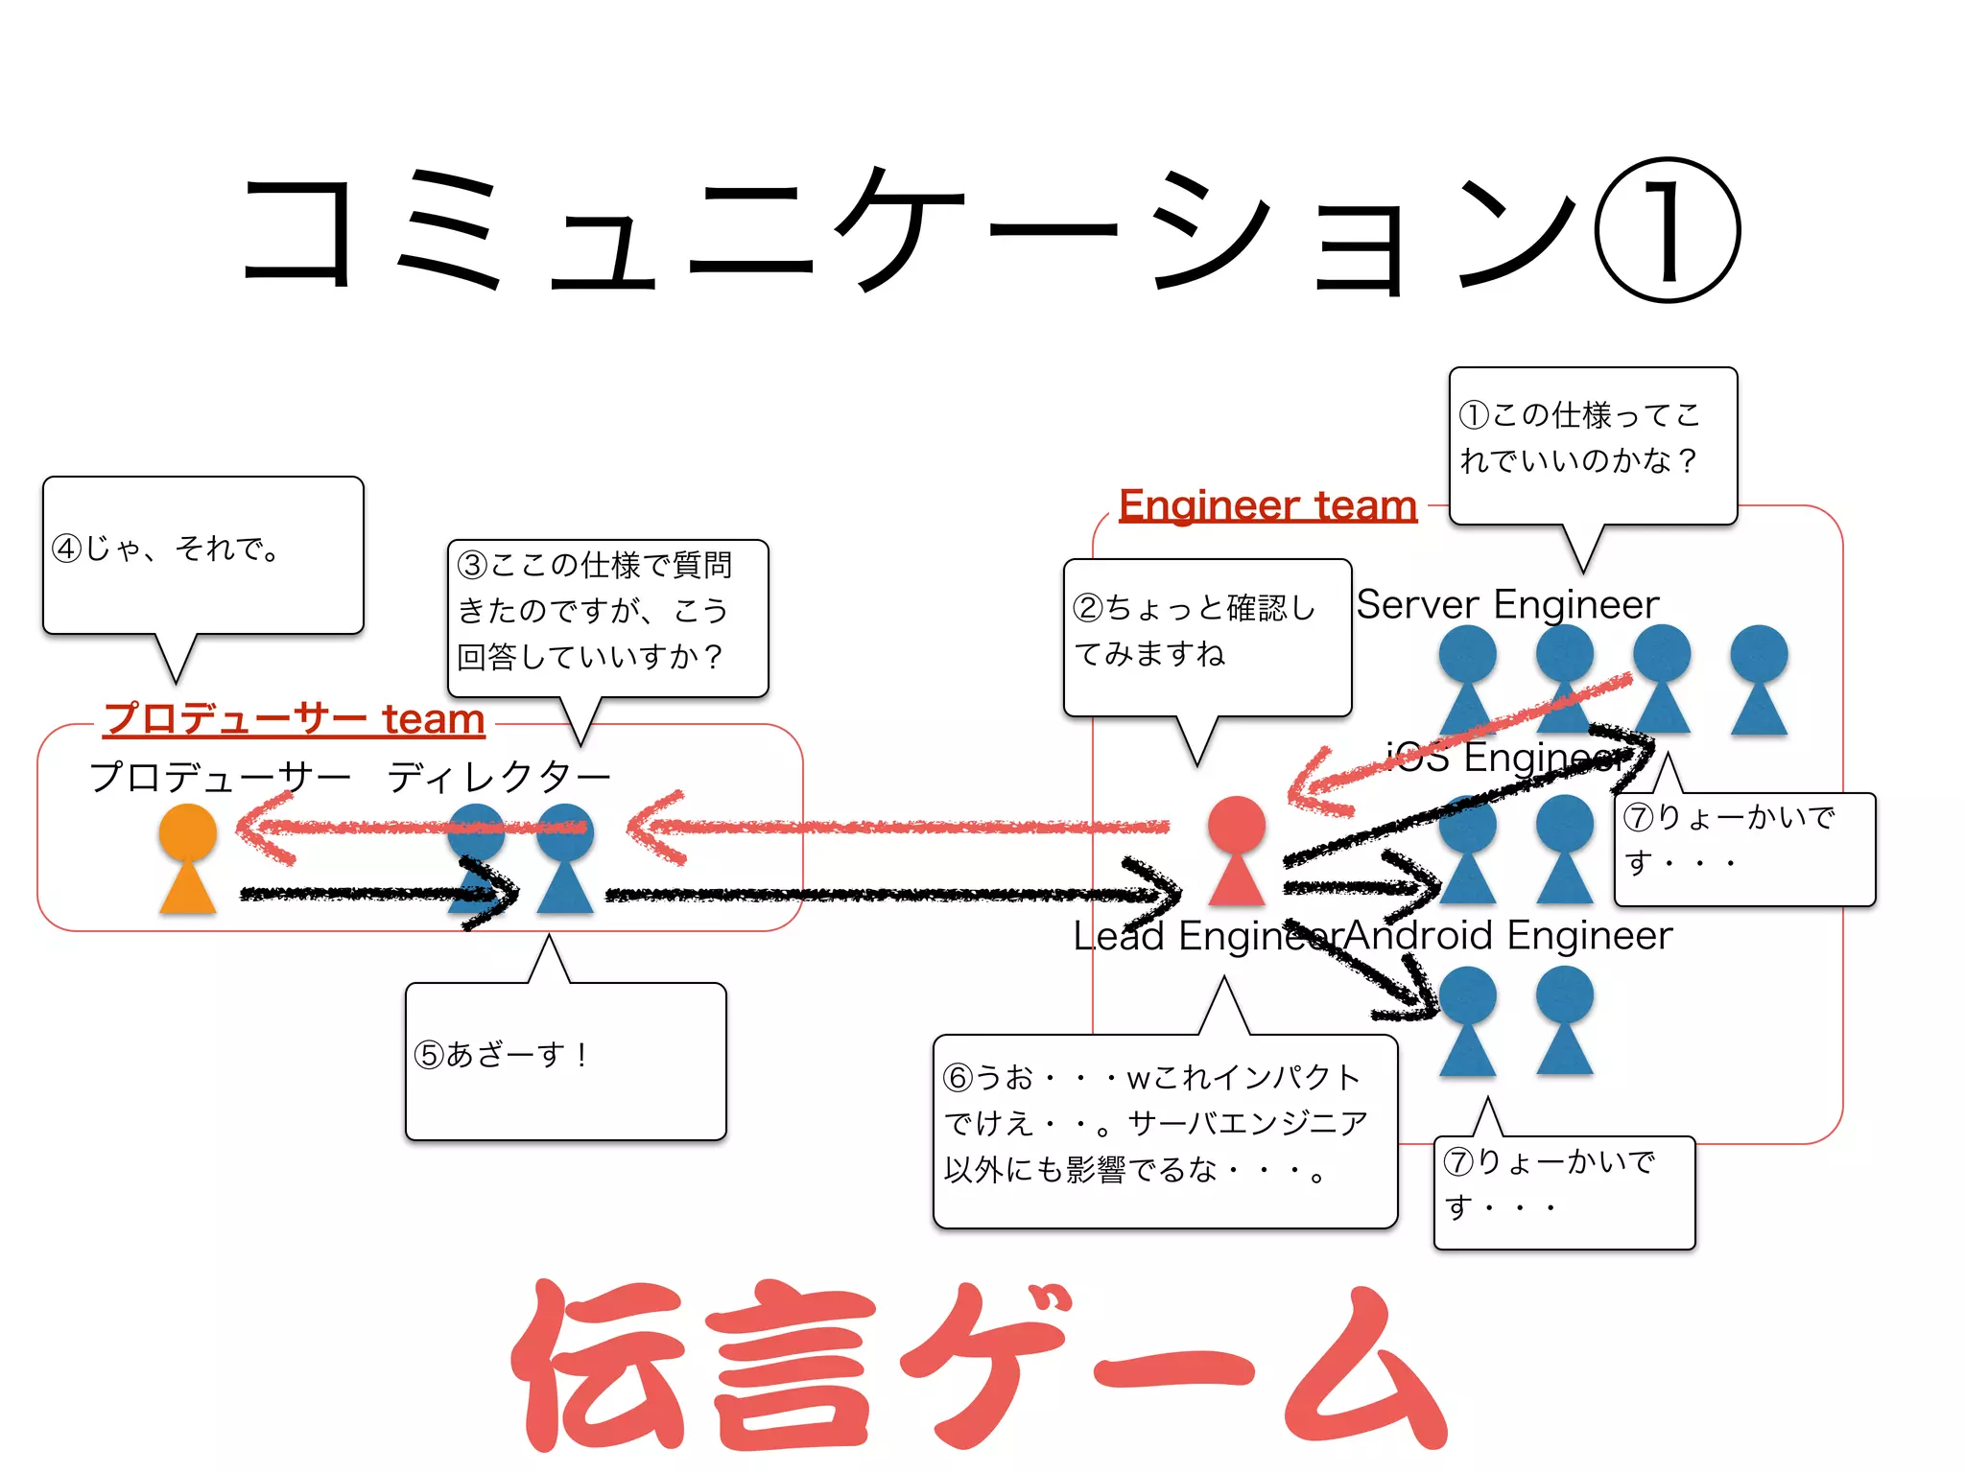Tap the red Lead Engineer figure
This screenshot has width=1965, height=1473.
pyautogui.click(x=1236, y=851)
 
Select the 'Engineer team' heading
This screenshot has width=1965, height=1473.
pyautogui.click(x=1267, y=505)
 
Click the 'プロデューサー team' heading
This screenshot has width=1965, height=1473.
pyautogui.click(x=294, y=718)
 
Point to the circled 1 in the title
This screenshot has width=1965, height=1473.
pyautogui.click(x=1667, y=231)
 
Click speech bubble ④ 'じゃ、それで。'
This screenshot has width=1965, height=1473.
pyautogui.click(x=202, y=555)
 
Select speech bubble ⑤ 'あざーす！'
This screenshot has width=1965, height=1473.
pyautogui.click(x=565, y=1060)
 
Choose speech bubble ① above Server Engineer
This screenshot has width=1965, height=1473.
pyautogui.click(x=1592, y=445)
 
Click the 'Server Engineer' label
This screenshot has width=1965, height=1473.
pyautogui.click(x=1506, y=604)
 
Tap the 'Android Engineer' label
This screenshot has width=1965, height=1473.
pyautogui.click(x=1509, y=935)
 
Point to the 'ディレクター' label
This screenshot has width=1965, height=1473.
pyautogui.click(x=498, y=777)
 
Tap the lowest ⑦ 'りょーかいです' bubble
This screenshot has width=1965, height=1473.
pyautogui.click(x=1563, y=1191)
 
